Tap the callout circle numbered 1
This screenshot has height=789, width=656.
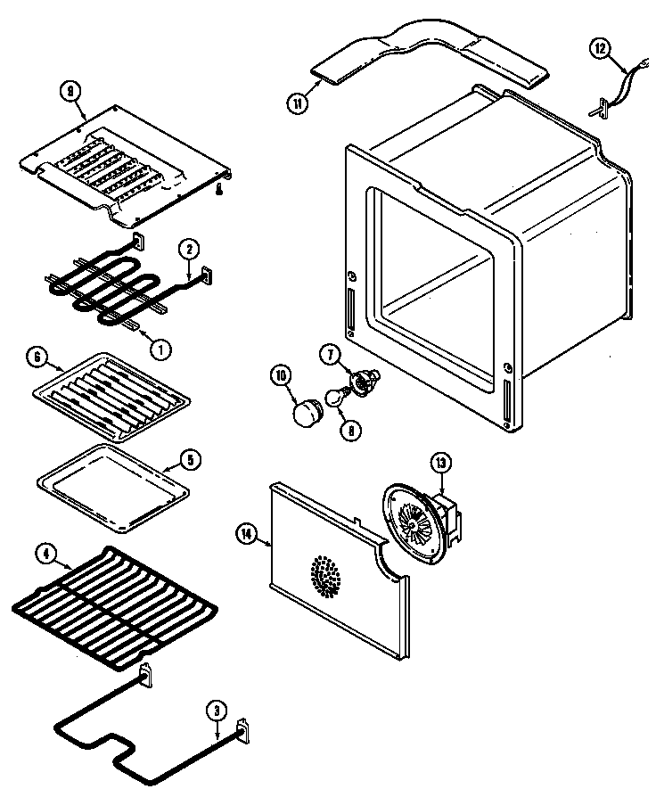(160, 349)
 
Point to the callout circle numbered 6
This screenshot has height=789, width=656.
(37, 358)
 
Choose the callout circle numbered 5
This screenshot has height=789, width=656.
(190, 461)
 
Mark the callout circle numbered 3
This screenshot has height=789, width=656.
(216, 711)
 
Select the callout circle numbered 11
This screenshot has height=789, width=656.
(297, 103)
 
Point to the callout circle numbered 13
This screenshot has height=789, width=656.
(440, 462)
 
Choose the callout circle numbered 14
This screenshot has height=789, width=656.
(248, 533)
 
